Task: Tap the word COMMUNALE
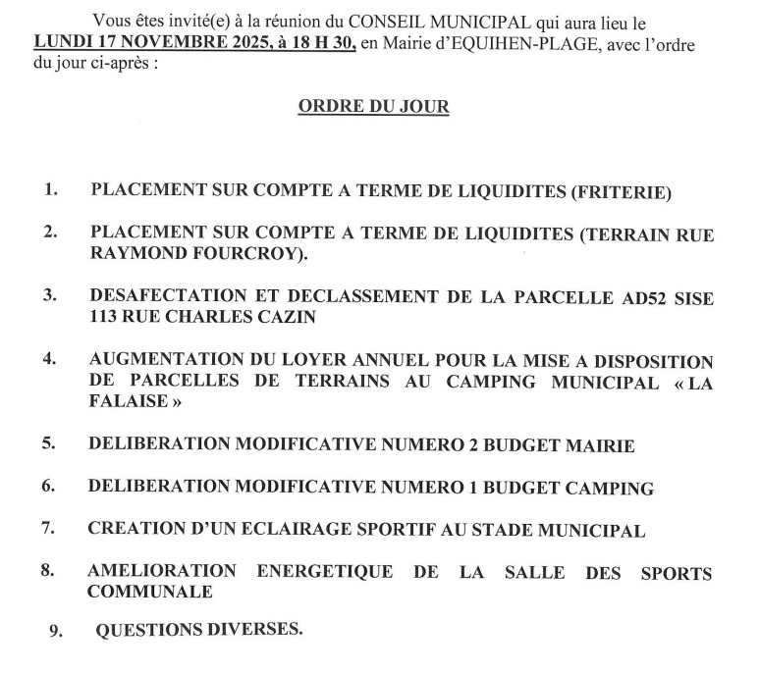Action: click(x=149, y=593)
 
